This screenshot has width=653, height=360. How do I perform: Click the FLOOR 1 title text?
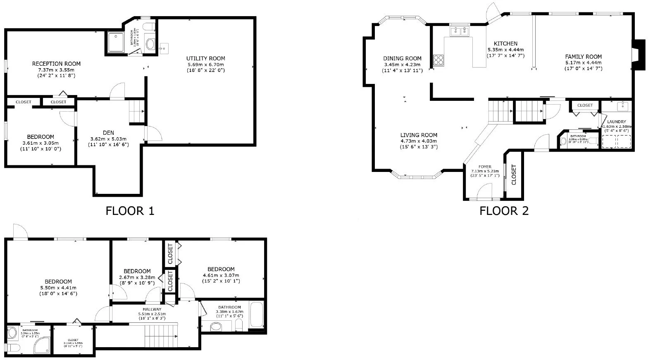pyautogui.click(x=130, y=211)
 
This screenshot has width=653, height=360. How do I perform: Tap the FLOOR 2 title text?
pyautogui.click(x=504, y=211)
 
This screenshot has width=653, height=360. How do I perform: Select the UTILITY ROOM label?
pyautogui.click(x=205, y=58)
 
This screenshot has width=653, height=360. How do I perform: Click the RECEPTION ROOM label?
pyautogui.click(x=56, y=64)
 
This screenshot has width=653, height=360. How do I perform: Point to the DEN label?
pyautogui.click(x=108, y=133)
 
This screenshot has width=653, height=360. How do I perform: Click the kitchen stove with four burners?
pyautogui.click(x=439, y=60)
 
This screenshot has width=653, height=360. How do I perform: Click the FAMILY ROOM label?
pyautogui.click(x=583, y=57)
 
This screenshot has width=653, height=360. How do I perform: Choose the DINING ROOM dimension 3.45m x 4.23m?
pyautogui.click(x=402, y=64)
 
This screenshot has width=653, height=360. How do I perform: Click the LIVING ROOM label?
pyautogui.click(x=419, y=135)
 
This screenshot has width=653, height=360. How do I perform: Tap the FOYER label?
pyautogui.click(x=484, y=167)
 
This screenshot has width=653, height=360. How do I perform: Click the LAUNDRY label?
pyautogui.click(x=616, y=122)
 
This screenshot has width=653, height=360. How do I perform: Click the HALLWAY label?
pyautogui.click(x=152, y=309)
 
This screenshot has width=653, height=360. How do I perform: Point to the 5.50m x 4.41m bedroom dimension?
pyautogui.click(x=58, y=288)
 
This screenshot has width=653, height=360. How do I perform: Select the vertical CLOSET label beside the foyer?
pyautogui.click(x=514, y=175)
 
